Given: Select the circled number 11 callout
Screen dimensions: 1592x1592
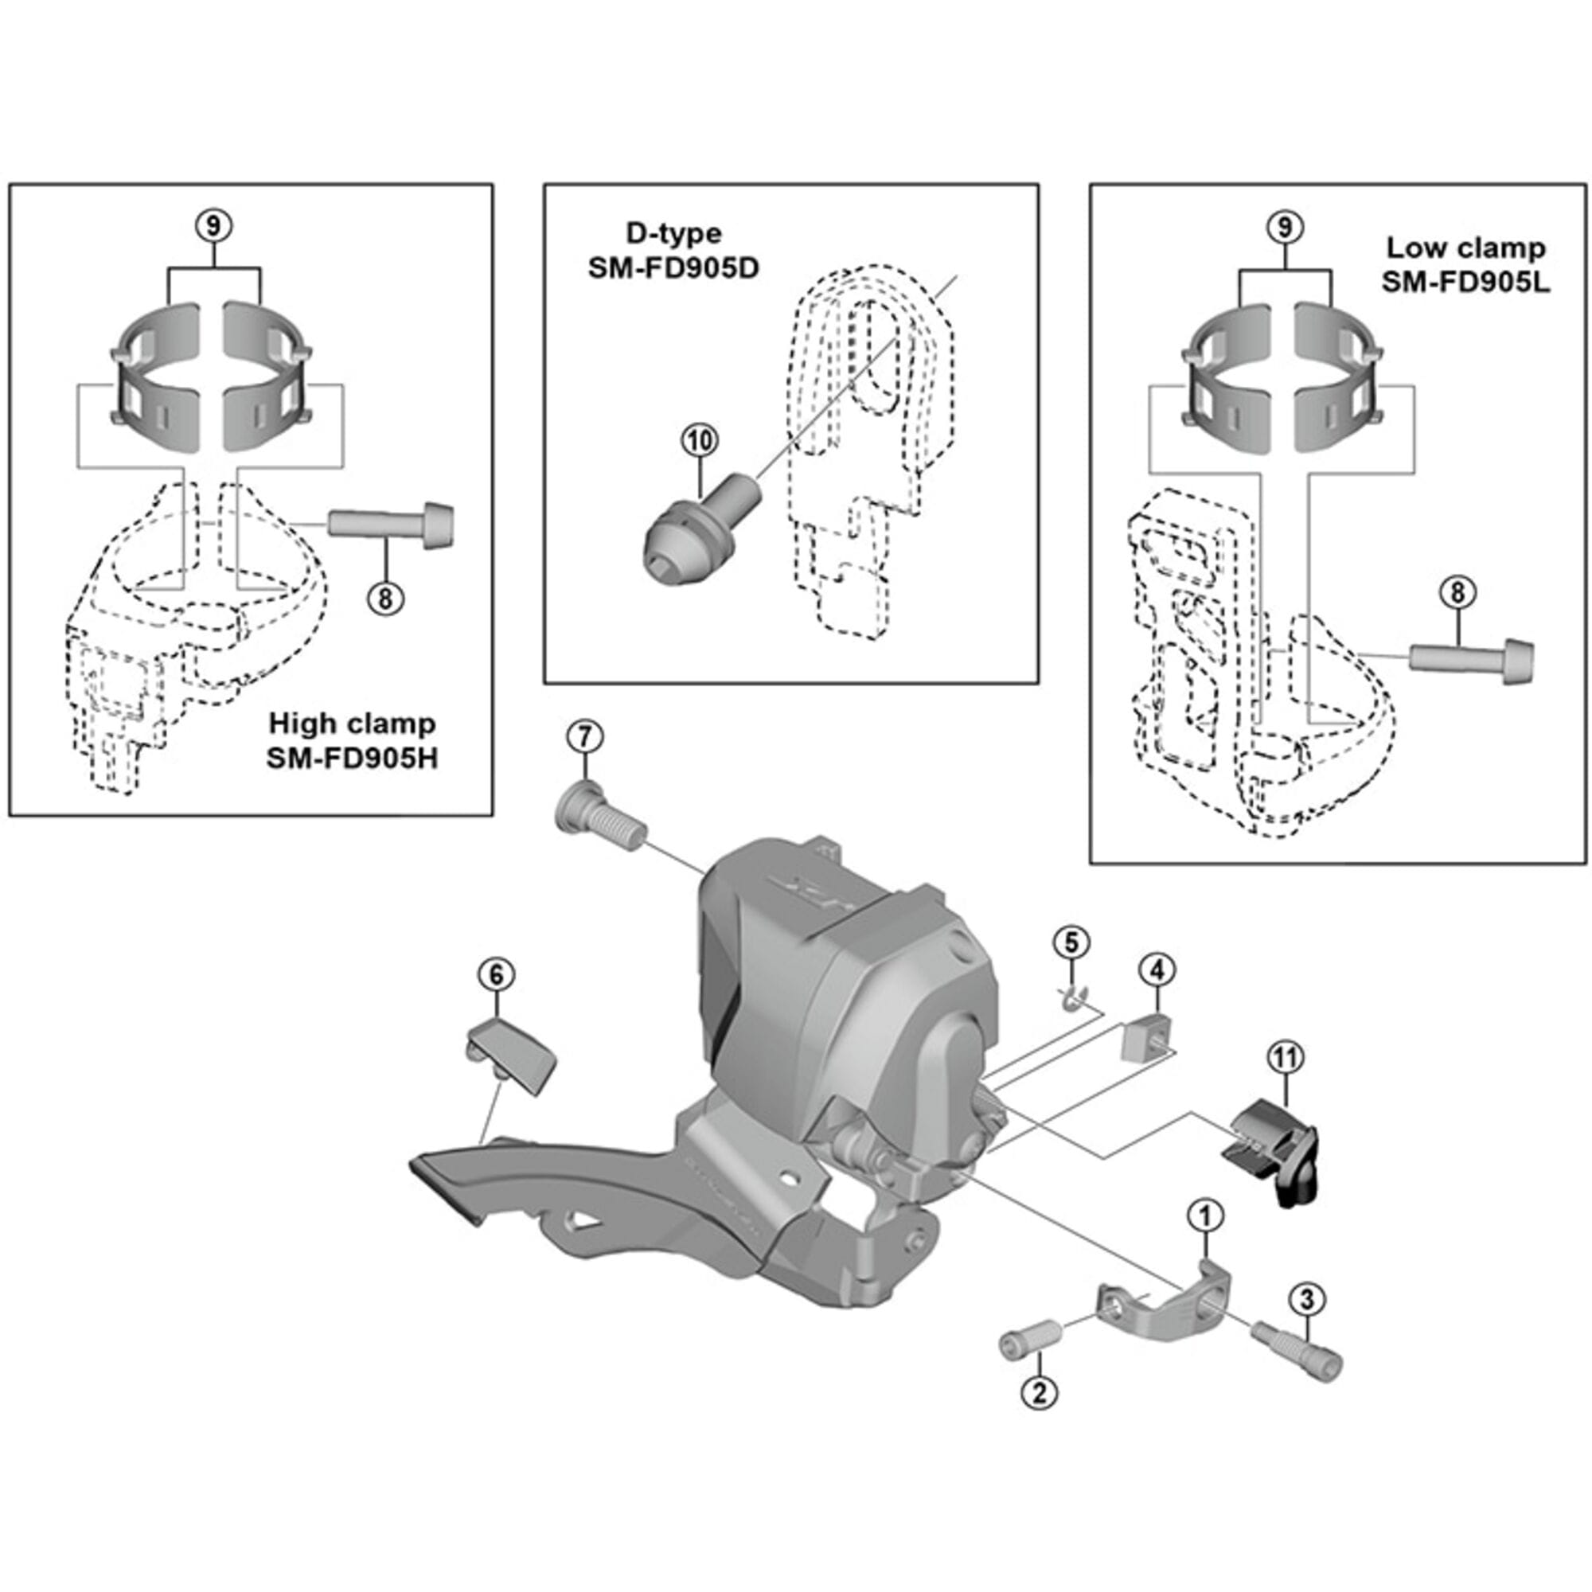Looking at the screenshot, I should pos(1286,1058).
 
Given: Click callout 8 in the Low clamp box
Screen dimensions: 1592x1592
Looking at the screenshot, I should pos(1457,593).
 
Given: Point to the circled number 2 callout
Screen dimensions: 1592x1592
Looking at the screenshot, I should pos(1039,1394).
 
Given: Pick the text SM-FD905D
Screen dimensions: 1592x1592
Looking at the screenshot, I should pos(673,268).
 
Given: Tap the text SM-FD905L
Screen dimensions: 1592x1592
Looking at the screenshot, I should pos(1466,282).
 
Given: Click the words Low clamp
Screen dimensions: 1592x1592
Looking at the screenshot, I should pos(1466,248).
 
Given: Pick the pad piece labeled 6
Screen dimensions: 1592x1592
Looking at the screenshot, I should pos(511,1056).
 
